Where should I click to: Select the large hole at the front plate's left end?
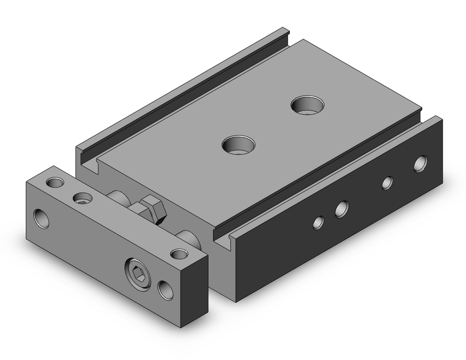pos(41,218)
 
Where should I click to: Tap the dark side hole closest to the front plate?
pos(318,222)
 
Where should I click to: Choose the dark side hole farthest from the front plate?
pos(421,163)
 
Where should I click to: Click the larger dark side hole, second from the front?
pos(342,208)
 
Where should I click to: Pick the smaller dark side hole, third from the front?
pos(387,183)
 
